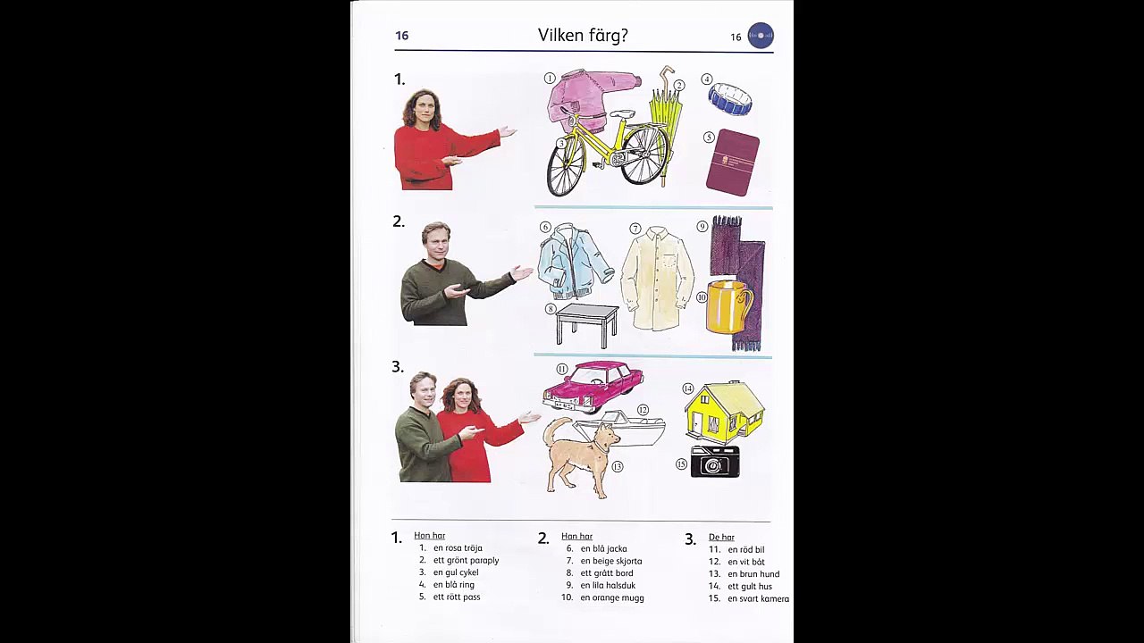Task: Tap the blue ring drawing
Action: tap(730, 98)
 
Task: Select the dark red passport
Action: tap(732, 163)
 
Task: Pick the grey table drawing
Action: tap(587, 324)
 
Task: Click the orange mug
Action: tap(728, 306)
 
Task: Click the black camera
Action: tap(715, 462)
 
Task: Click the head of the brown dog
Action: tap(607, 437)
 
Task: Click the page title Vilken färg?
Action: tap(583, 35)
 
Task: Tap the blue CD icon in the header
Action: tap(761, 35)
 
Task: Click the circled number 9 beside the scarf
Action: tap(702, 227)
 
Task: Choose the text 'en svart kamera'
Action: tap(759, 598)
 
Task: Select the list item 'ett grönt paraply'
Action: tap(466, 560)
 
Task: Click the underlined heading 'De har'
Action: tap(721, 537)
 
